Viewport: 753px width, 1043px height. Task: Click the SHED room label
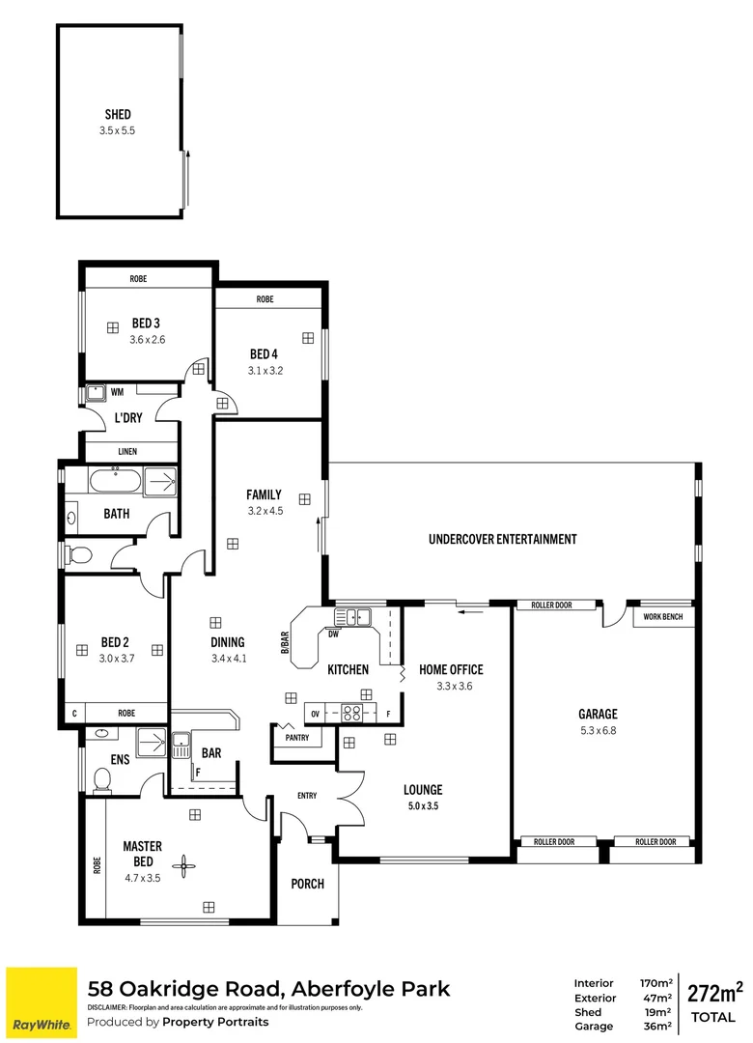click(x=118, y=115)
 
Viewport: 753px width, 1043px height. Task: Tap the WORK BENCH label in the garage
click(x=663, y=616)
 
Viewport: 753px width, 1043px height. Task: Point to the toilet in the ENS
click(x=100, y=778)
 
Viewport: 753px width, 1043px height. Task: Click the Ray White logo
click(x=42, y=1001)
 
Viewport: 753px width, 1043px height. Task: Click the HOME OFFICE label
click(x=451, y=669)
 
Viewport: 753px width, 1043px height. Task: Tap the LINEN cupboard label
click(x=127, y=451)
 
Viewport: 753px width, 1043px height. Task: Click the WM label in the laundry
click(x=117, y=392)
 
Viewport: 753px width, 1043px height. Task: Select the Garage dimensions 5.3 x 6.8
click(x=598, y=730)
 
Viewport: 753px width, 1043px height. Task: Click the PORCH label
click(x=308, y=884)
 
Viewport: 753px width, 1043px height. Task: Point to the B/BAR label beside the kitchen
click(x=286, y=643)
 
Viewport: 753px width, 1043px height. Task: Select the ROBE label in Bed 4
click(x=265, y=299)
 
